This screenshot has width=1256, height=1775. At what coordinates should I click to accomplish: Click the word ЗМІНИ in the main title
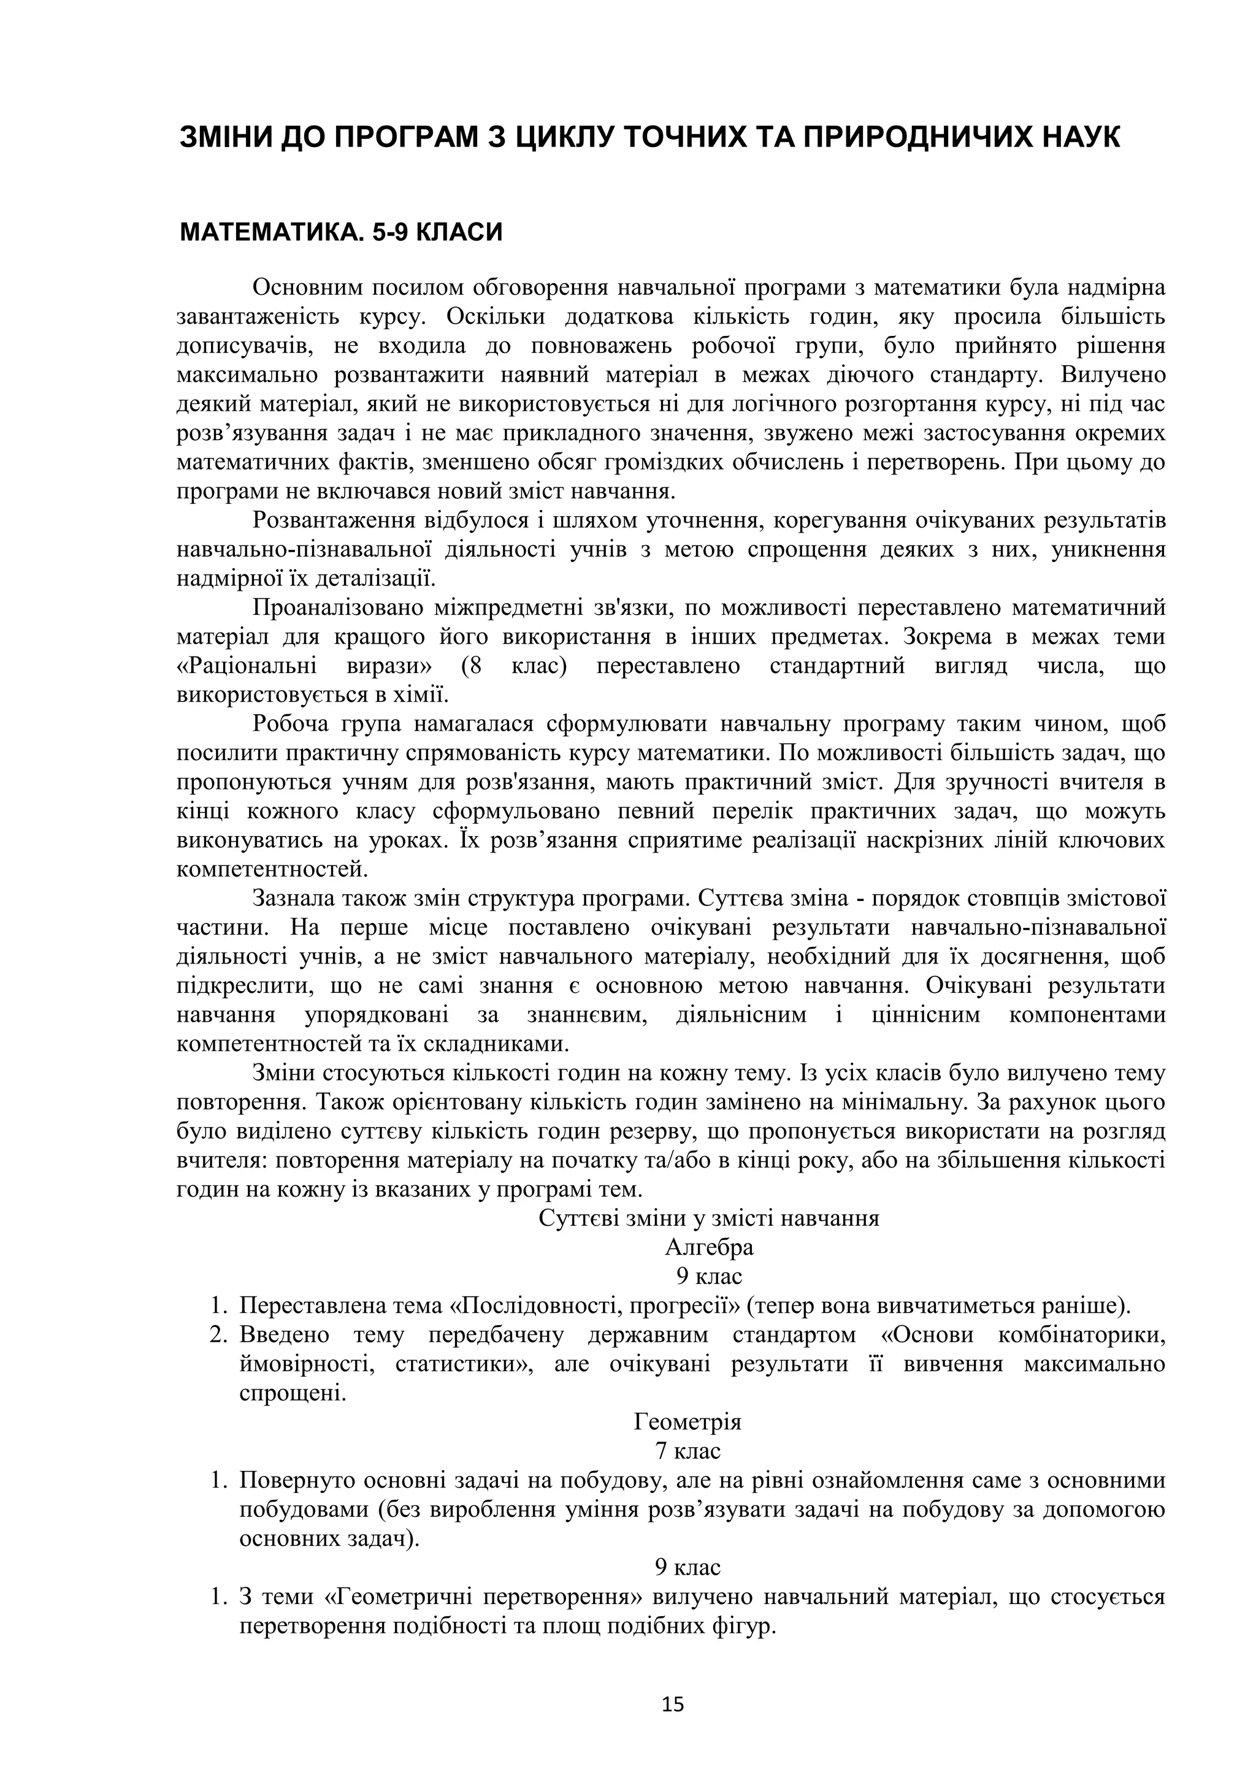224,138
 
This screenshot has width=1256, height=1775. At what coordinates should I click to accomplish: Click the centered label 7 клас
687,1450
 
